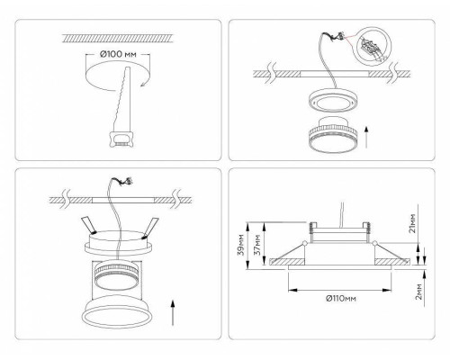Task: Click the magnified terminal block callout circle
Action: tap(372, 46)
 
